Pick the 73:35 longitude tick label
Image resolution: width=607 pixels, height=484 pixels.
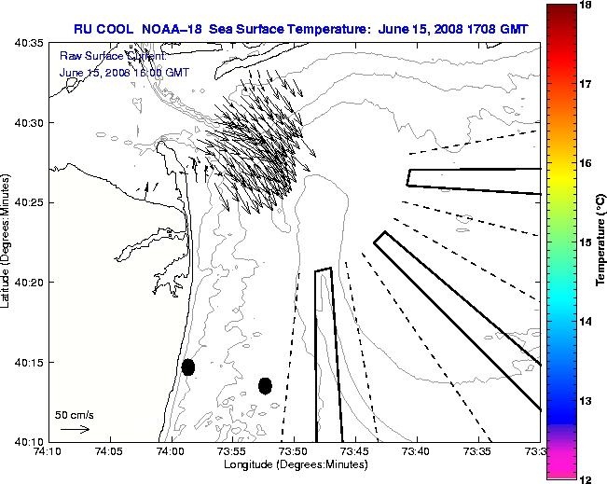[x=477, y=451]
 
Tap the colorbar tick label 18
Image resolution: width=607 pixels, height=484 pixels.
[x=587, y=5]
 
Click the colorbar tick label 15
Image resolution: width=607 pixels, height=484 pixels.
[x=587, y=242]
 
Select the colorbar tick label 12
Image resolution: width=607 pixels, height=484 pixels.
[x=587, y=478]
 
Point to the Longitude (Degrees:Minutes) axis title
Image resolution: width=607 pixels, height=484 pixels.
[x=294, y=463]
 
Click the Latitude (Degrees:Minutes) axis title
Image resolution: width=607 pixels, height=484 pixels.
[x=7, y=242]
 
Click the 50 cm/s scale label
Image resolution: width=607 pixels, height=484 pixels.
[x=74, y=414]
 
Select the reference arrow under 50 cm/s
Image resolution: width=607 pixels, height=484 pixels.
[x=75, y=430]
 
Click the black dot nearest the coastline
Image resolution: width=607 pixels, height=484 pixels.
[x=188, y=366]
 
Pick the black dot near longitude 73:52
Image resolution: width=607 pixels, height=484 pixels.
[x=265, y=385]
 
